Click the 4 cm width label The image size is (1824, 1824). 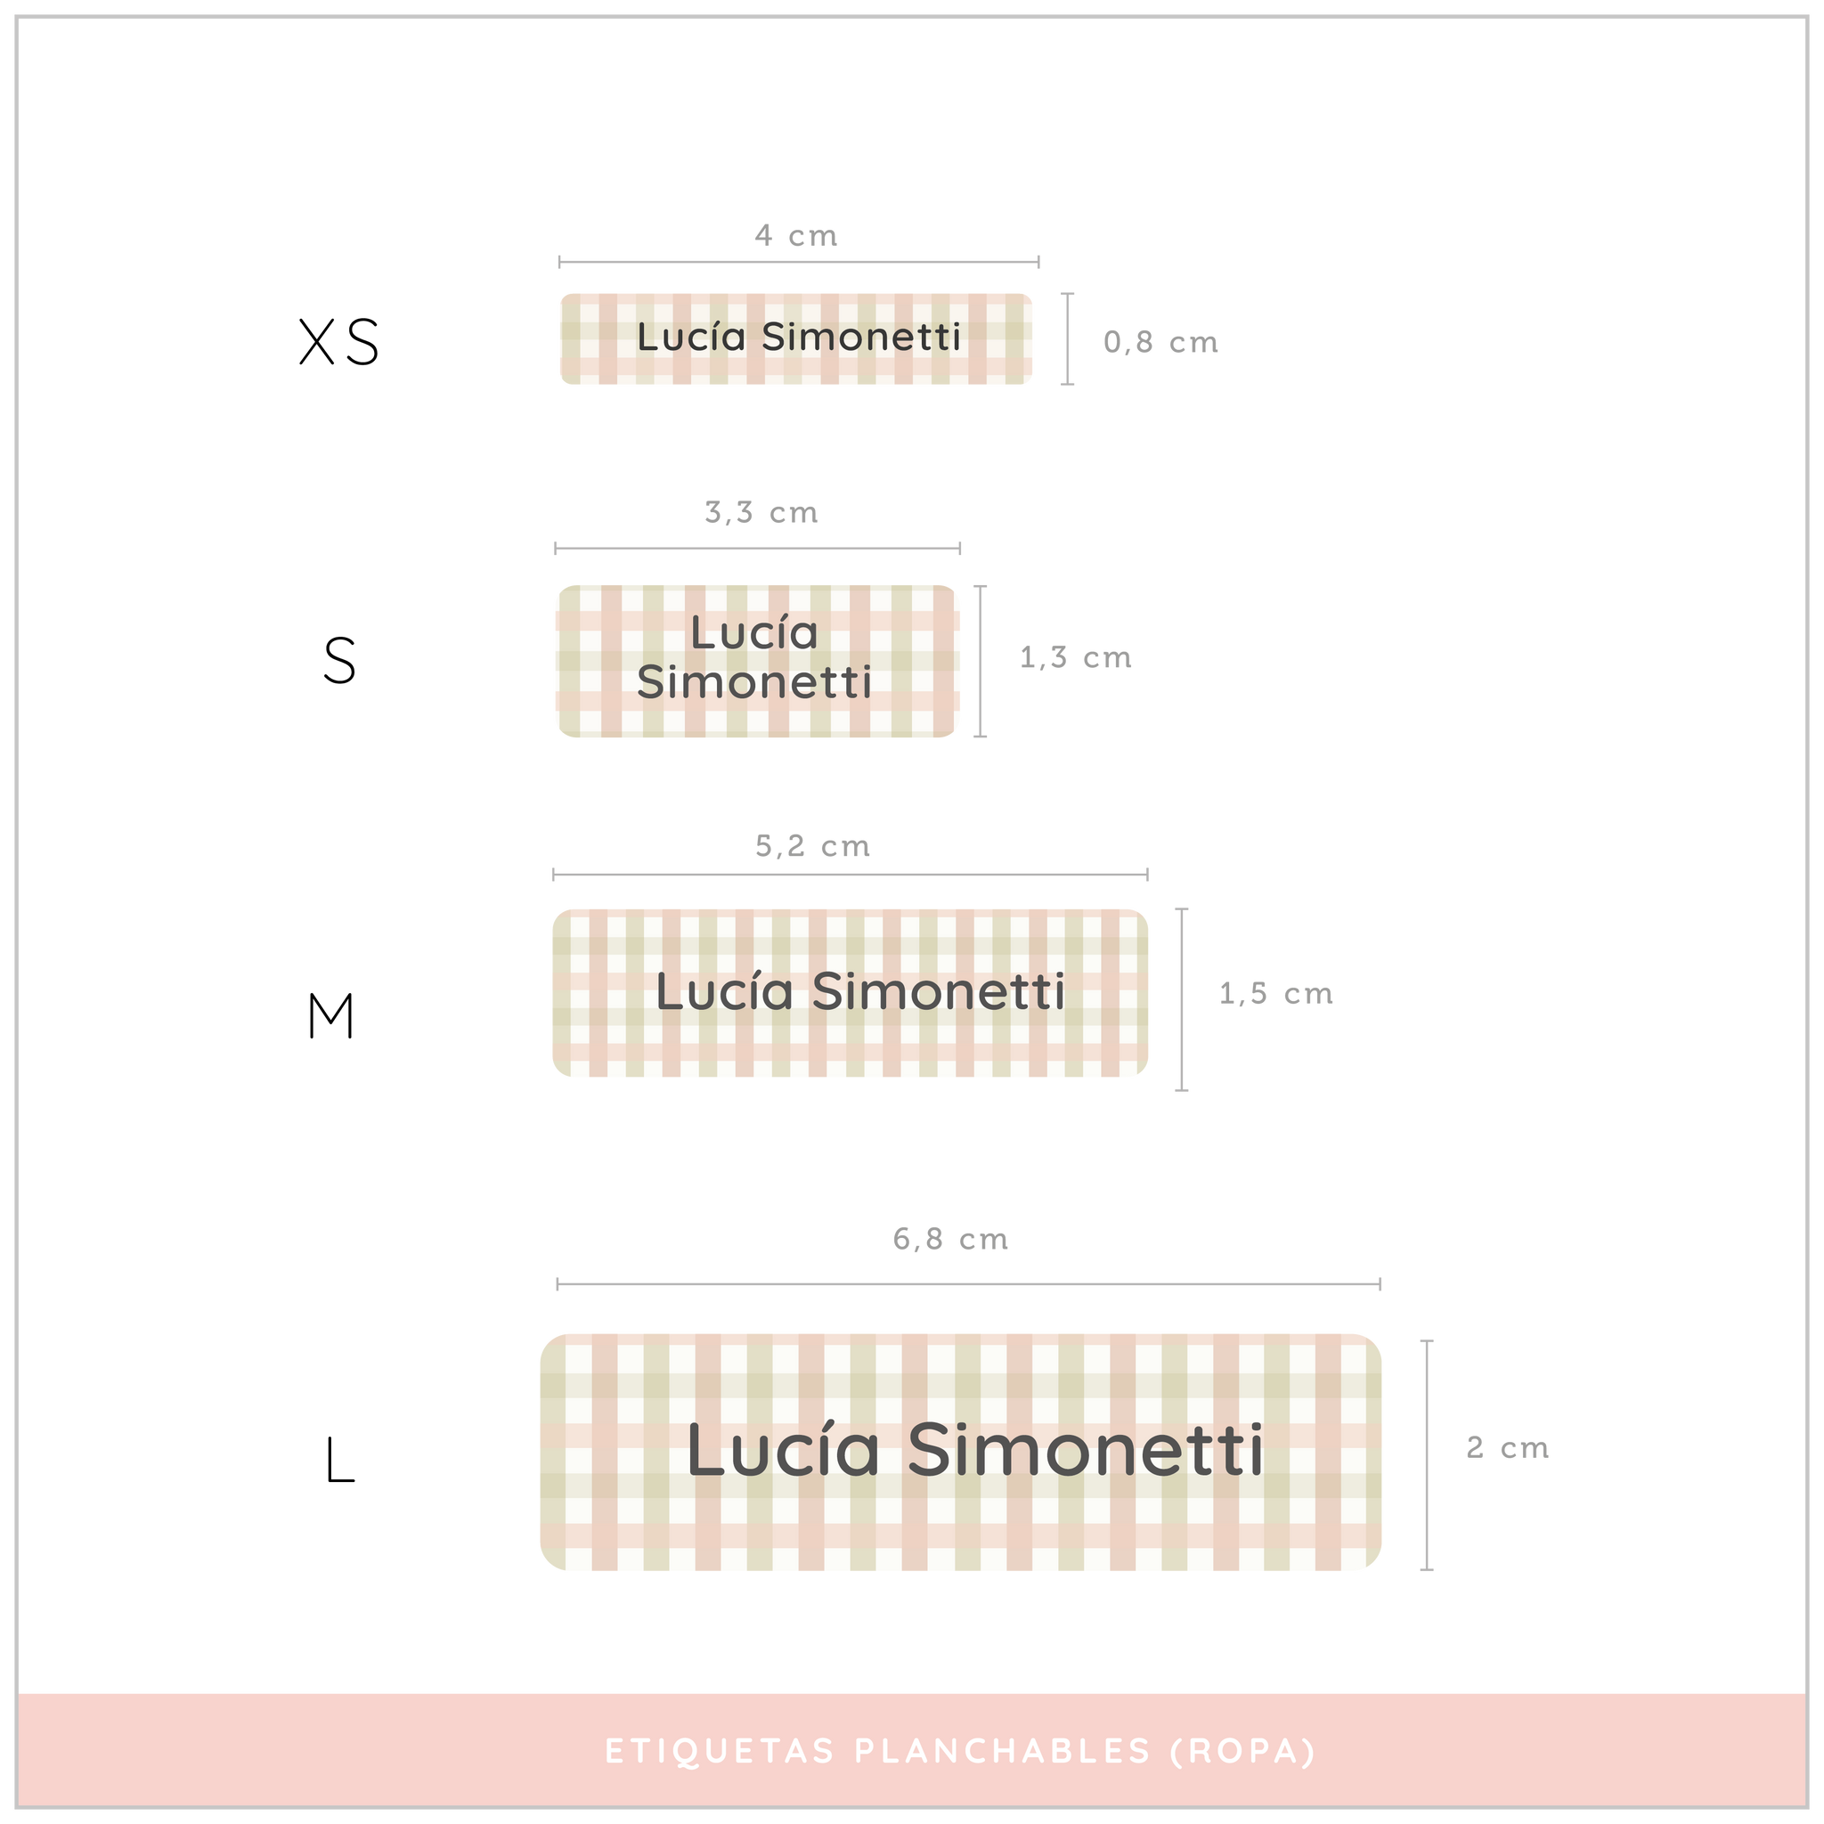pos(796,235)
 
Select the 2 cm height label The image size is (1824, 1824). pos(1507,1447)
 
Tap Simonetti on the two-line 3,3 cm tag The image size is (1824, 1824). pos(754,682)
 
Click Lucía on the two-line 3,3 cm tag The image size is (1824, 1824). pos(753,632)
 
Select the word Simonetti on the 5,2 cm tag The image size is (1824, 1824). pos(939,992)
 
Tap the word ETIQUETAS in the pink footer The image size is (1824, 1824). pos(720,1751)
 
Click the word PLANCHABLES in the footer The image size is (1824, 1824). pos(1003,1751)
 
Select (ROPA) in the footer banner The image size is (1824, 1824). pos(1242,1751)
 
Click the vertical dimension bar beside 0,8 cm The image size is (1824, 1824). pos(1068,339)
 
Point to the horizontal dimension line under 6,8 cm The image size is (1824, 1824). pos(969,1284)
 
